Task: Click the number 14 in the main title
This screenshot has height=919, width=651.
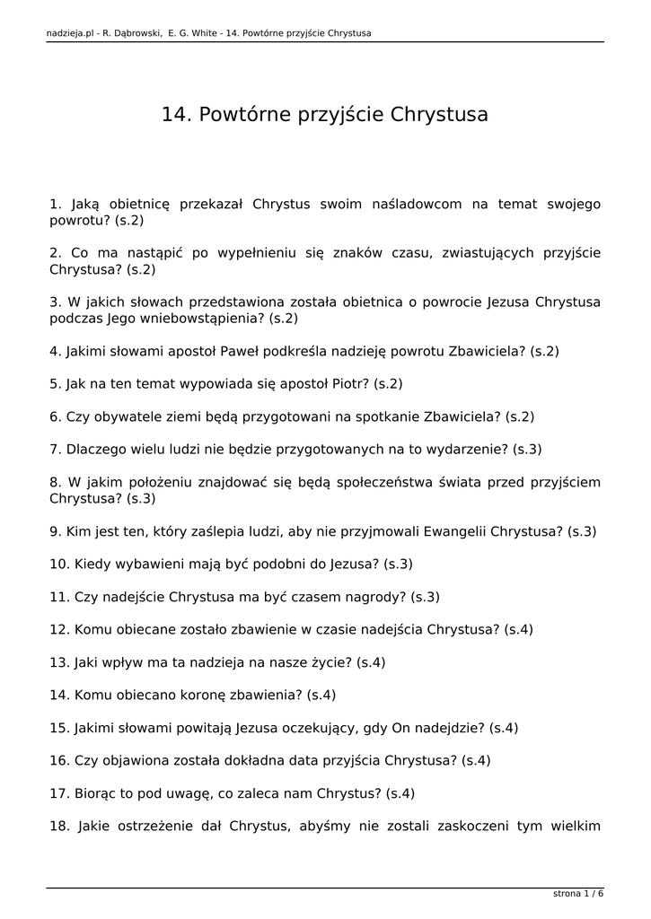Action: (x=173, y=115)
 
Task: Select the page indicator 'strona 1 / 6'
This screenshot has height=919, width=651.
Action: (x=577, y=893)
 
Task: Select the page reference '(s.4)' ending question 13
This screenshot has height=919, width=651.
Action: (x=371, y=662)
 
